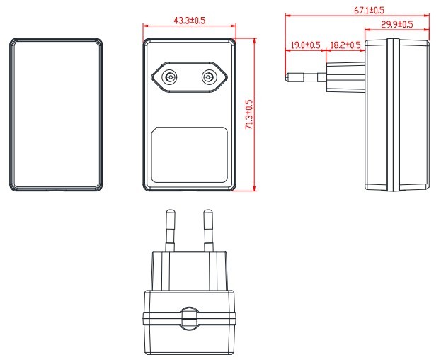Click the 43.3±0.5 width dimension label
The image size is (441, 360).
click(189, 21)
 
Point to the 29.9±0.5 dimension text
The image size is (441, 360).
click(396, 25)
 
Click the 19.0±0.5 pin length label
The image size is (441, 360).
click(304, 45)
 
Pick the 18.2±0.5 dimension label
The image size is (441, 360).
click(345, 45)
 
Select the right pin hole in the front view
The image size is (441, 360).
click(209, 77)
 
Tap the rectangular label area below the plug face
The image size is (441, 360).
click(189, 154)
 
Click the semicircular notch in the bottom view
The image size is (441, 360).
click(188, 317)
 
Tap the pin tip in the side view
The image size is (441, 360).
click(289, 74)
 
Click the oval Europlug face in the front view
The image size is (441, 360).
click(189, 77)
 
